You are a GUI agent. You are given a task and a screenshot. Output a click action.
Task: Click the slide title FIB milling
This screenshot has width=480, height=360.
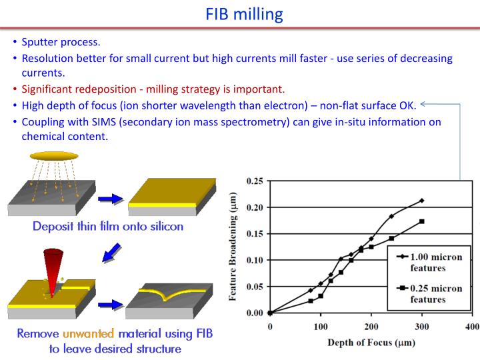pyautogui.click(x=239, y=14)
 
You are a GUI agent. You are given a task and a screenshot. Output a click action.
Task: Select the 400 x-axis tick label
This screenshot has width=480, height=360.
pyautogui.click(x=472, y=326)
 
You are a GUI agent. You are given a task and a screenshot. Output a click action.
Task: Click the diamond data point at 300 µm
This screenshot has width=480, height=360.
pyautogui.click(x=422, y=200)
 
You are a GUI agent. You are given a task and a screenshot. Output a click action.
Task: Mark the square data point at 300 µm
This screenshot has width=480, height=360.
pyautogui.click(x=422, y=221)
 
